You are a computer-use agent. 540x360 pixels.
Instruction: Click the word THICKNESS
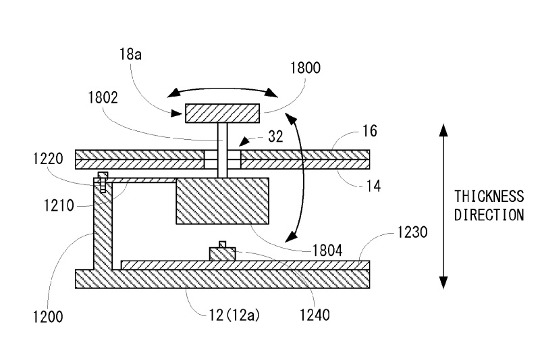point(489,197)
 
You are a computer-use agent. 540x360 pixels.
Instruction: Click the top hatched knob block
point(222,113)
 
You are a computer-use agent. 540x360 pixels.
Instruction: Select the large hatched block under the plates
point(222,201)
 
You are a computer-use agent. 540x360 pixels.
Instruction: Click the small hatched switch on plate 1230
point(223,253)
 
